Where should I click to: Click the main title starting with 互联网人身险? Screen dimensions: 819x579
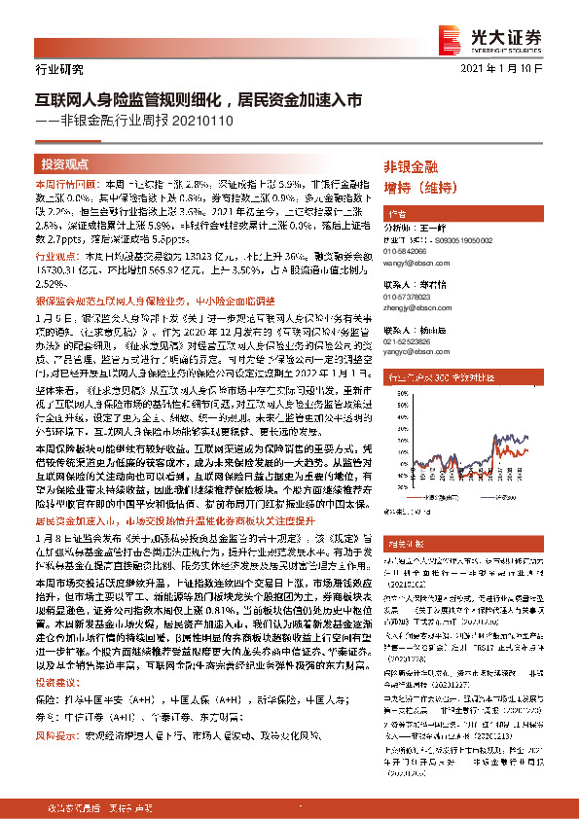click(199, 99)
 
